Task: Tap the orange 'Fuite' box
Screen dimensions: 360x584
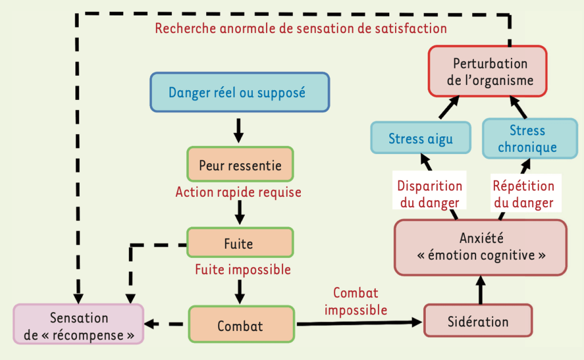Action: click(x=240, y=243)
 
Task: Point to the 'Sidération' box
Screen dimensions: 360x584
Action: click(x=477, y=321)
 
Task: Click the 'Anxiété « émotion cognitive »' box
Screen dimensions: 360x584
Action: click(x=481, y=246)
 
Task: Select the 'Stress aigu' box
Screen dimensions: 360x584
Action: click(x=421, y=138)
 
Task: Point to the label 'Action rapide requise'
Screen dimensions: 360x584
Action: click(x=238, y=192)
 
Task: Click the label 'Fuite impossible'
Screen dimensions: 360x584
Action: click(x=243, y=269)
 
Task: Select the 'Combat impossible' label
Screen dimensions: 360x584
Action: click(x=356, y=301)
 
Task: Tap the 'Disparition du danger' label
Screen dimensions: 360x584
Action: click(x=429, y=194)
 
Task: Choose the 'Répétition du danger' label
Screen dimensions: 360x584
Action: click(x=523, y=194)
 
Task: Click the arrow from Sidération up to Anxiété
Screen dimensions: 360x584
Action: click(x=480, y=289)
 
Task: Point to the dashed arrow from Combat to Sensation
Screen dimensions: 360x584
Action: click(x=166, y=325)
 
